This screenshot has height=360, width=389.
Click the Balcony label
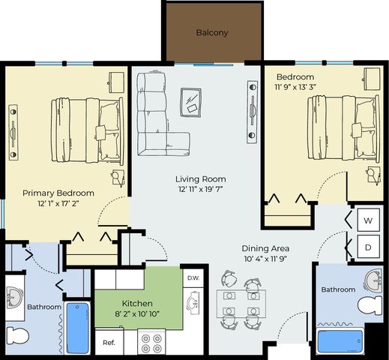point(212,33)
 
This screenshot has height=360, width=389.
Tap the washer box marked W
point(369,220)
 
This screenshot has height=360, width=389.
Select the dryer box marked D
point(369,247)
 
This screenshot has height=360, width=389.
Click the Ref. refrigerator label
point(109,342)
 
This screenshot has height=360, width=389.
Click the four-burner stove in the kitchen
point(151,343)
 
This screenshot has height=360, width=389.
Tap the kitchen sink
point(193,302)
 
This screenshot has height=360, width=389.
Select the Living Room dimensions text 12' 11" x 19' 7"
point(200,189)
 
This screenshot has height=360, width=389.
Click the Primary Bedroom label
point(58,193)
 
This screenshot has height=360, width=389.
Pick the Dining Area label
point(265,248)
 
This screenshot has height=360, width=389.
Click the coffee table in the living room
point(191,102)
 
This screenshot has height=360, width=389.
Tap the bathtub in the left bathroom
point(78,328)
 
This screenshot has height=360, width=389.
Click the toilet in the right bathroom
point(370,306)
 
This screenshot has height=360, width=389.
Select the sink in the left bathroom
point(14,298)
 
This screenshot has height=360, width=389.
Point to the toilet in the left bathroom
point(17,335)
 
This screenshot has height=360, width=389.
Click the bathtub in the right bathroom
point(340,341)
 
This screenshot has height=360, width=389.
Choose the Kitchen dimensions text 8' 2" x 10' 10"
point(137,313)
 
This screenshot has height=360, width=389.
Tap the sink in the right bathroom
point(373,281)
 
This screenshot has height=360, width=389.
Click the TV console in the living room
point(252,112)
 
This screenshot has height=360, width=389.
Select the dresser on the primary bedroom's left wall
point(13,133)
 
